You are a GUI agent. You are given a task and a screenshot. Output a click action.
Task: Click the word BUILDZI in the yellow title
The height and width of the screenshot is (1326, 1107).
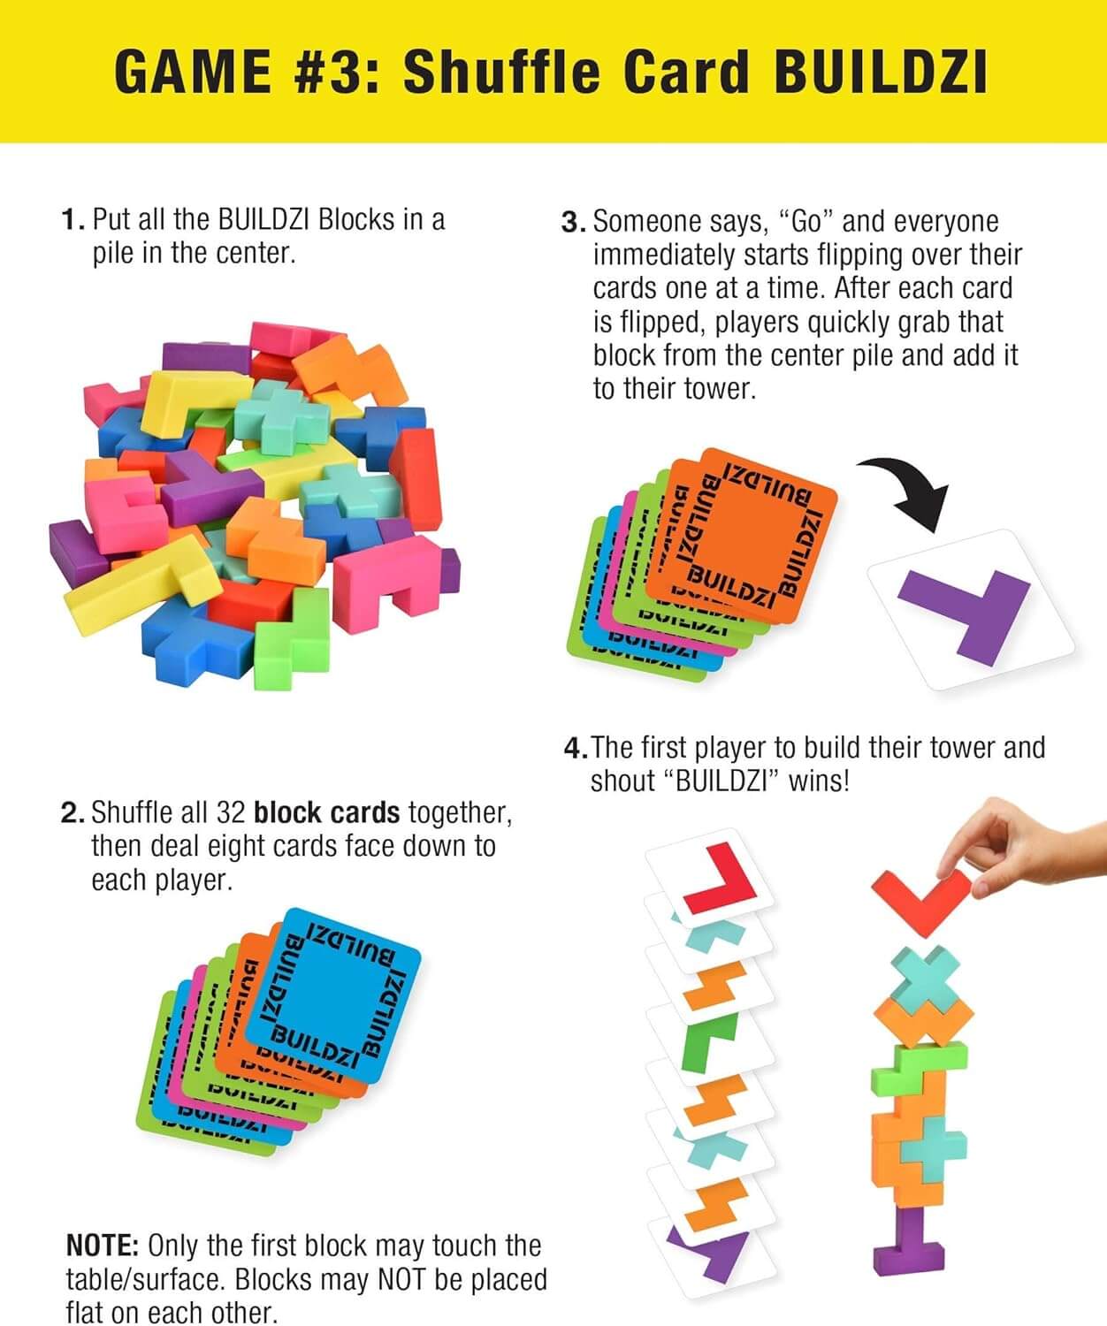pos(880,72)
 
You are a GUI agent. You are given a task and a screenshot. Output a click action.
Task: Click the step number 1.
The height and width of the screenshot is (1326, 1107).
pos(72,220)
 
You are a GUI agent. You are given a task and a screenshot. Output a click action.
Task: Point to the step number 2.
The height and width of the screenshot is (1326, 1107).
pos(72,813)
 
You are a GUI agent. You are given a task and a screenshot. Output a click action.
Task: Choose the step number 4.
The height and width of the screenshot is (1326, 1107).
pos(575,749)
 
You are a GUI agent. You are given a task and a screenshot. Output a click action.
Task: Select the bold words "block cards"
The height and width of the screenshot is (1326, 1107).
pos(326,812)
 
